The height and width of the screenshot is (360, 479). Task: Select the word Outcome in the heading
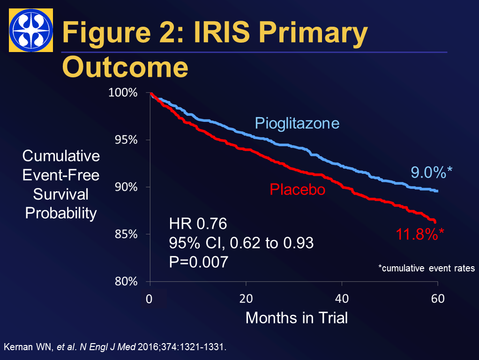(x=125, y=67)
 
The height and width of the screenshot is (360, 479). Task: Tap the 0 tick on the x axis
(x=150, y=299)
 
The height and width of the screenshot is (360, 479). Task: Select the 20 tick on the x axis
(x=246, y=299)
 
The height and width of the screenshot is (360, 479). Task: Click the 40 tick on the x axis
(x=342, y=299)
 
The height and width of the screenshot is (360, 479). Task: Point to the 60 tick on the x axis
(x=438, y=299)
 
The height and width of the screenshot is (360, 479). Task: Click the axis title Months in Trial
(x=297, y=318)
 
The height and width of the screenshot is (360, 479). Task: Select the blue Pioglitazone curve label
(x=297, y=124)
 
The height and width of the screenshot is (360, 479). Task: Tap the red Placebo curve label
(x=298, y=190)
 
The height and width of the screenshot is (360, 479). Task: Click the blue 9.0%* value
(x=432, y=172)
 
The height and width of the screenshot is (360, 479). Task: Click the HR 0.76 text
(x=198, y=224)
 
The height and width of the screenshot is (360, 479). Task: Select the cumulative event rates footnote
(x=427, y=269)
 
